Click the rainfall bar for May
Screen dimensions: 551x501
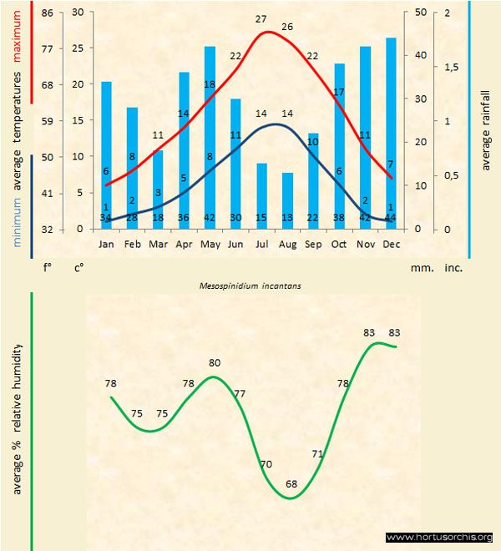(x=210, y=134)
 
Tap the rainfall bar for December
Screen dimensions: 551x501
(x=391, y=125)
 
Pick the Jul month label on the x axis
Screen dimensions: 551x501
(x=261, y=245)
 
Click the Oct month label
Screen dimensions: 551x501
(x=339, y=245)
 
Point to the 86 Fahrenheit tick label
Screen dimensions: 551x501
(x=46, y=13)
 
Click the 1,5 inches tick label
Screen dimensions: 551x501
(x=453, y=67)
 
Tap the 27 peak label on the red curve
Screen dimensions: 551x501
(x=261, y=19)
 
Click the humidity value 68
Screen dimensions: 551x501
(x=291, y=484)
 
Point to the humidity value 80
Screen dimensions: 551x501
(x=215, y=363)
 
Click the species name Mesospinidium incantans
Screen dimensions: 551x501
(x=250, y=286)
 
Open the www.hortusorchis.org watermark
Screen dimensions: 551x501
(x=439, y=537)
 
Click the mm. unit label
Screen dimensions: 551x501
(x=419, y=269)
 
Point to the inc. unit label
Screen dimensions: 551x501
(x=453, y=269)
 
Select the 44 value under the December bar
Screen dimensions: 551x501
(x=391, y=218)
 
